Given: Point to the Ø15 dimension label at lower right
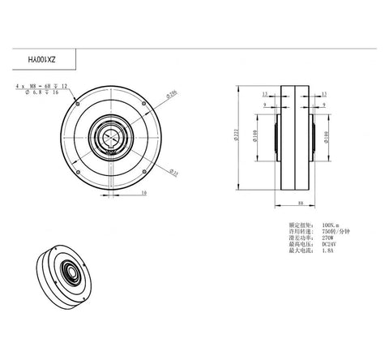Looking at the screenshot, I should click(175, 171).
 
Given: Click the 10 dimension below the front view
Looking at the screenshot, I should click(143, 193).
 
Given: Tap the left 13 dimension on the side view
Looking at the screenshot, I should click(265, 94).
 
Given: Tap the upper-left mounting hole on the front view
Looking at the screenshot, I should click(75, 103).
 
